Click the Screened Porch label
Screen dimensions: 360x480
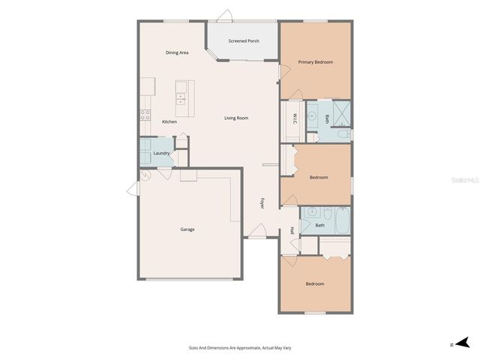(244, 40)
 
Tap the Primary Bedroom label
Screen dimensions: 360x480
(315, 61)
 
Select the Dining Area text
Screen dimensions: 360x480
(177, 52)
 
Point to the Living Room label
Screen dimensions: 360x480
(236, 118)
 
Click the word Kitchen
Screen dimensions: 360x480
(169, 121)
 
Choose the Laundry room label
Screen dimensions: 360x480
(161, 153)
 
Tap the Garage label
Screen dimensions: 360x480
(187, 229)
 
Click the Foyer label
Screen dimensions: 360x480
(262, 202)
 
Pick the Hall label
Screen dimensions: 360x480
(291, 230)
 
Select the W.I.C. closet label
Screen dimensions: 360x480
(295, 118)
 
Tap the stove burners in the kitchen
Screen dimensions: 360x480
(144, 115)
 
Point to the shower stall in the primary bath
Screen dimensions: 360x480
(341, 114)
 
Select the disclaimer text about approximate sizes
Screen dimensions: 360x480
(240, 347)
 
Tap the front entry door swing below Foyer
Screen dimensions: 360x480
(256, 232)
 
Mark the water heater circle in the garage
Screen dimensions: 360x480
(145, 176)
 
